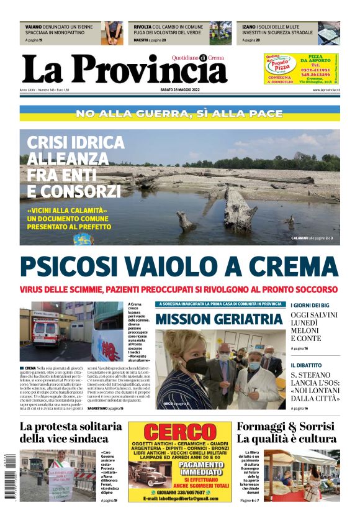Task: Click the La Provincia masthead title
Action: [124, 70]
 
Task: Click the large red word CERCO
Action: [169, 432]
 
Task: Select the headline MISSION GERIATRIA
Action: [219, 319]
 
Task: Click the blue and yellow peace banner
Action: [179, 114]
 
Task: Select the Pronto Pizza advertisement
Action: [301, 69]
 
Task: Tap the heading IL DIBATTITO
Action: [306, 365]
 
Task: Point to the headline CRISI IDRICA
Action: [75, 142]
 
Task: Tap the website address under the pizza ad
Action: [324, 90]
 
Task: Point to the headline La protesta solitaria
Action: [71, 427]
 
